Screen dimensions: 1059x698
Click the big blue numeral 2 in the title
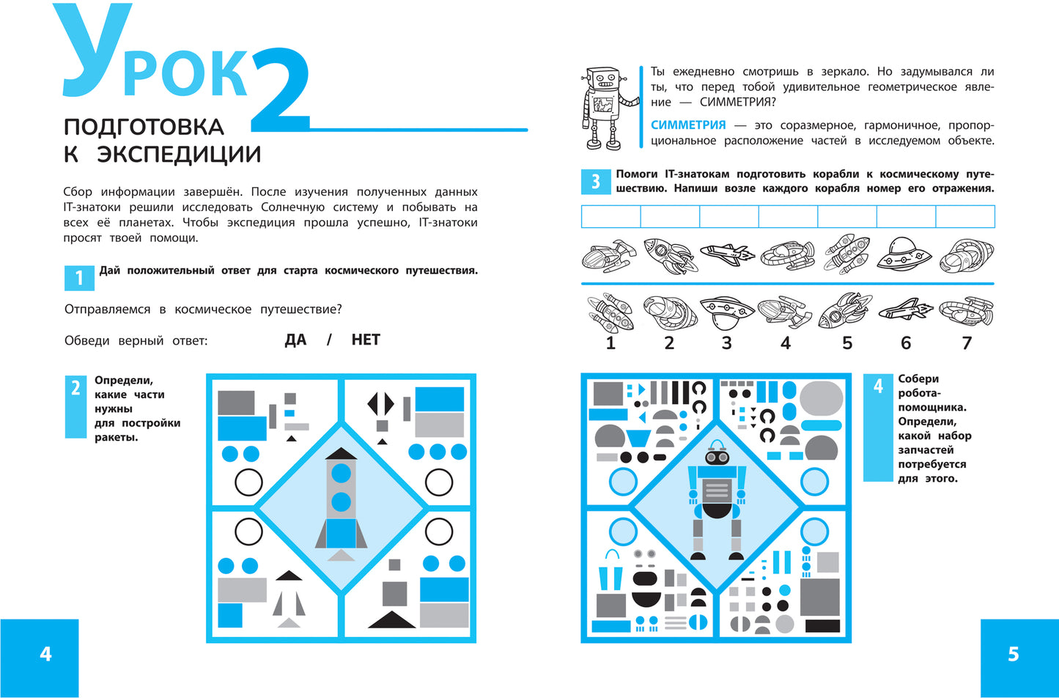(x=280, y=90)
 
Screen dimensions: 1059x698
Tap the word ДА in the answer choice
(x=295, y=339)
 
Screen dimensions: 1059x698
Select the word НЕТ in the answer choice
(x=366, y=339)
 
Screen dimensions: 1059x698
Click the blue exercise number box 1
(x=79, y=278)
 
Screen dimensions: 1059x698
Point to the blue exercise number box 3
(x=596, y=182)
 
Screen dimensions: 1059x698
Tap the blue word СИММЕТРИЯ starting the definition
(x=688, y=125)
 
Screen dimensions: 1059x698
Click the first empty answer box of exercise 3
(x=610, y=216)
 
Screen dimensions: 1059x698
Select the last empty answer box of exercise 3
(x=965, y=216)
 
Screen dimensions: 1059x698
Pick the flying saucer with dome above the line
(x=904, y=254)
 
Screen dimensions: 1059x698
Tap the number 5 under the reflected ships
(x=846, y=343)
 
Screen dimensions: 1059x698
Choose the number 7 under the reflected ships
(x=967, y=343)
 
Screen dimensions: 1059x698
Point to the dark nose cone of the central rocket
(x=340, y=454)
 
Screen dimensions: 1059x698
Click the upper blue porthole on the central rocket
(x=341, y=473)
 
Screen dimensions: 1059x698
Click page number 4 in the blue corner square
(x=45, y=654)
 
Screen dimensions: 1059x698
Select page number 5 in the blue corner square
(x=1013, y=654)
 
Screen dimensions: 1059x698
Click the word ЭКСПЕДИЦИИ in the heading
(x=179, y=154)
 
